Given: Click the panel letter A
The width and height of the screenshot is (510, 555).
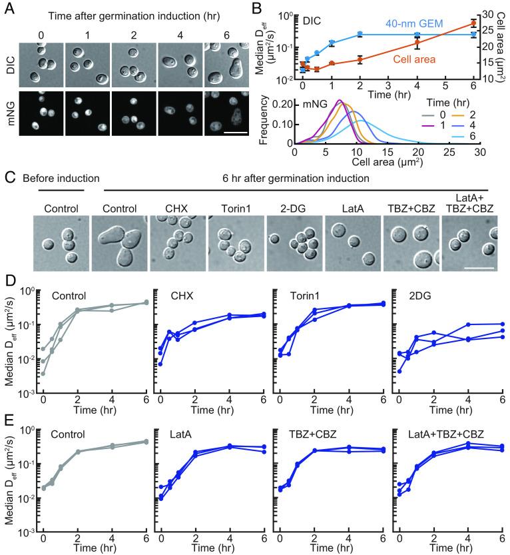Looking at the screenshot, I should point(8,8).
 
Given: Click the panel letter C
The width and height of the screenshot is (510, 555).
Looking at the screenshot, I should point(8,179).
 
